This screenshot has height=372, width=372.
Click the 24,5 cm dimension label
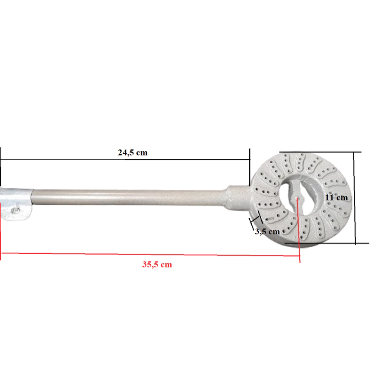(x=133, y=153)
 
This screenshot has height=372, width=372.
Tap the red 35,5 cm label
(x=157, y=265)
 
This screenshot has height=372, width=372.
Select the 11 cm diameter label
(x=336, y=197)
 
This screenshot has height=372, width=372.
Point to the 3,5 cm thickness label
(x=267, y=231)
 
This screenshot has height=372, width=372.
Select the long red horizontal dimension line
(x=149, y=254)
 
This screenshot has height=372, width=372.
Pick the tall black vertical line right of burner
(x=354, y=198)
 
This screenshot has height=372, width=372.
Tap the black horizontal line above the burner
(x=320, y=152)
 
